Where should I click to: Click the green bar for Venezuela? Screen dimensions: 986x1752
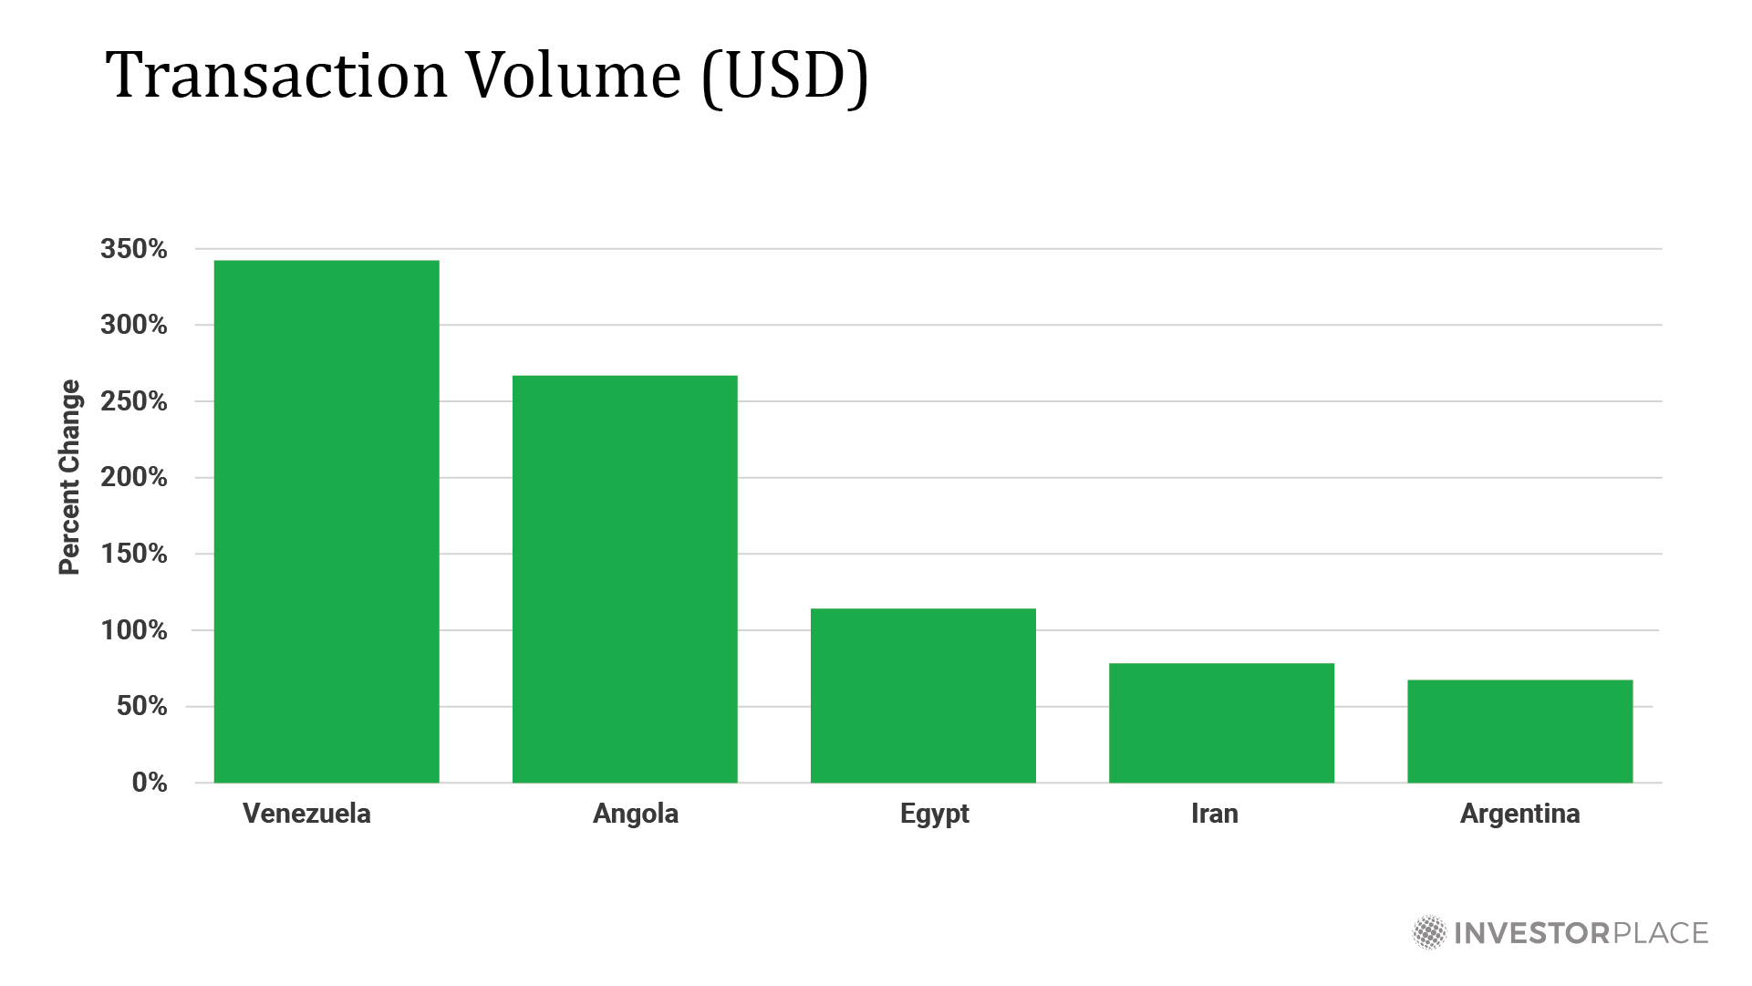327,521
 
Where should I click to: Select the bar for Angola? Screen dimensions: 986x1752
625,578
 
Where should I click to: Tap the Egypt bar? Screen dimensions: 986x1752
923,695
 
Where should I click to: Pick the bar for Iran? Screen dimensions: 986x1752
1221,722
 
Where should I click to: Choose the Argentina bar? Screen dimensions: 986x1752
1519,731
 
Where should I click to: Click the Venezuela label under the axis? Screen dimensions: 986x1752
306,814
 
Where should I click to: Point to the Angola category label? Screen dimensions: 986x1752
636,814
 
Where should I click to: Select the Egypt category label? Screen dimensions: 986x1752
934,814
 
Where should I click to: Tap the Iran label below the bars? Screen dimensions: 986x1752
1214,814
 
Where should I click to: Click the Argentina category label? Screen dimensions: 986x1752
1519,814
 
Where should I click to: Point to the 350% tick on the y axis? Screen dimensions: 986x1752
134,249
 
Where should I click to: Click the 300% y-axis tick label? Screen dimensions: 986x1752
134,325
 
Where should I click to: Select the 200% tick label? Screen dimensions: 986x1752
134,477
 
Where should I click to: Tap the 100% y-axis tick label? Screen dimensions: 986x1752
134,630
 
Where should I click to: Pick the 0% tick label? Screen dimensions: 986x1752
150,783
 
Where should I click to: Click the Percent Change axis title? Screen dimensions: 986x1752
69,477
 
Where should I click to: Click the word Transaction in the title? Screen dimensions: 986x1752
276,75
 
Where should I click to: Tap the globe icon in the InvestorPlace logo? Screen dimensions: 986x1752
1429,933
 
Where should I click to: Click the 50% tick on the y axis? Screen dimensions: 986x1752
141,706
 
